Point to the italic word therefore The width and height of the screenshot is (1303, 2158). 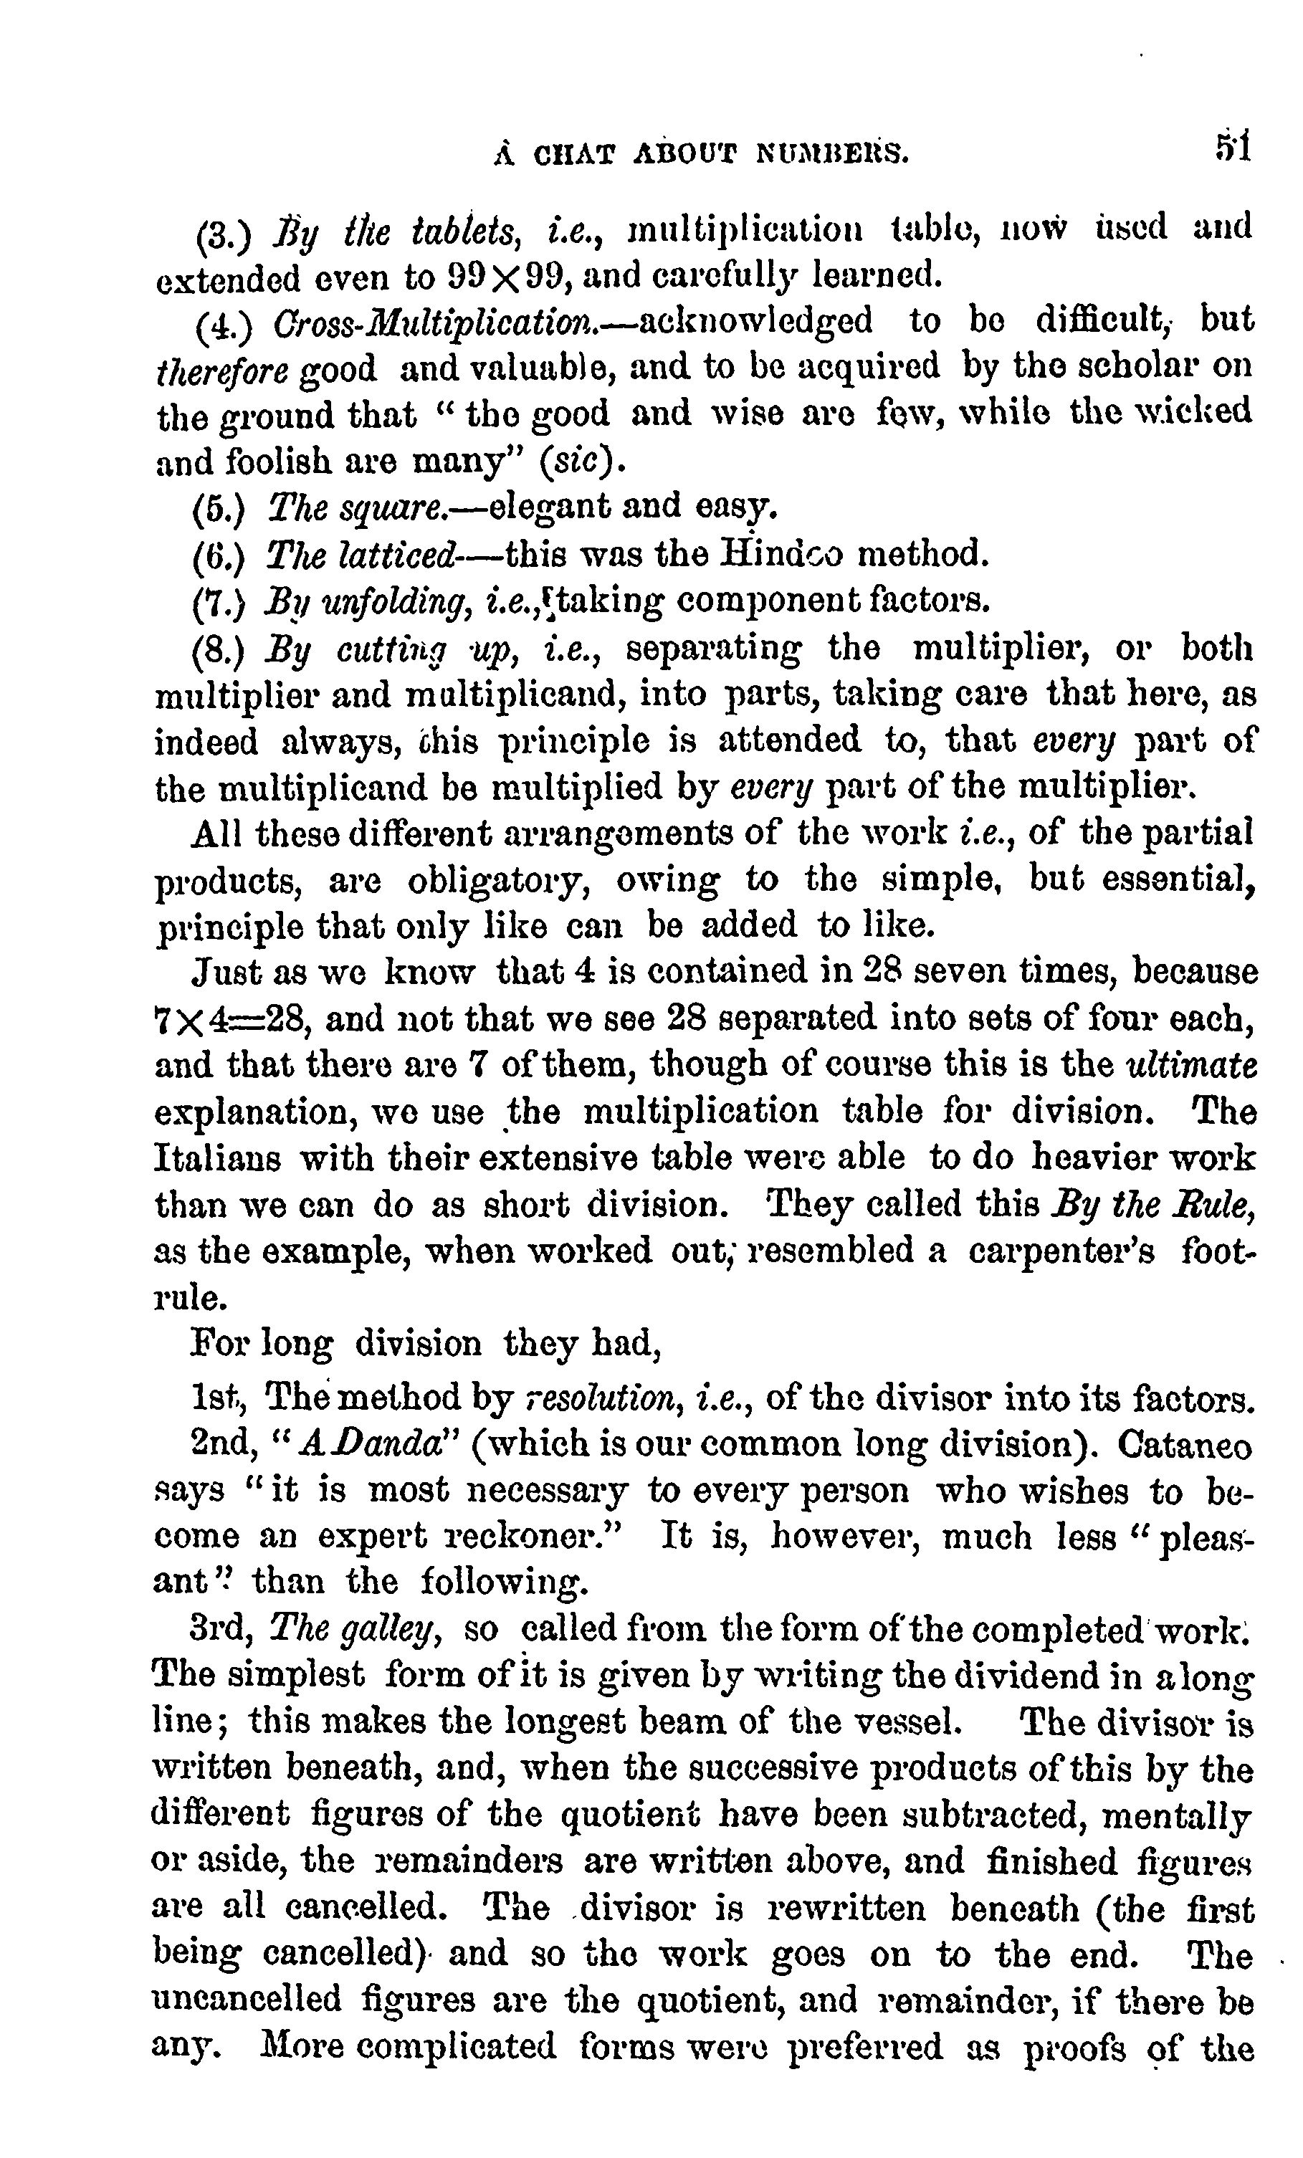(x=221, y=371)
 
